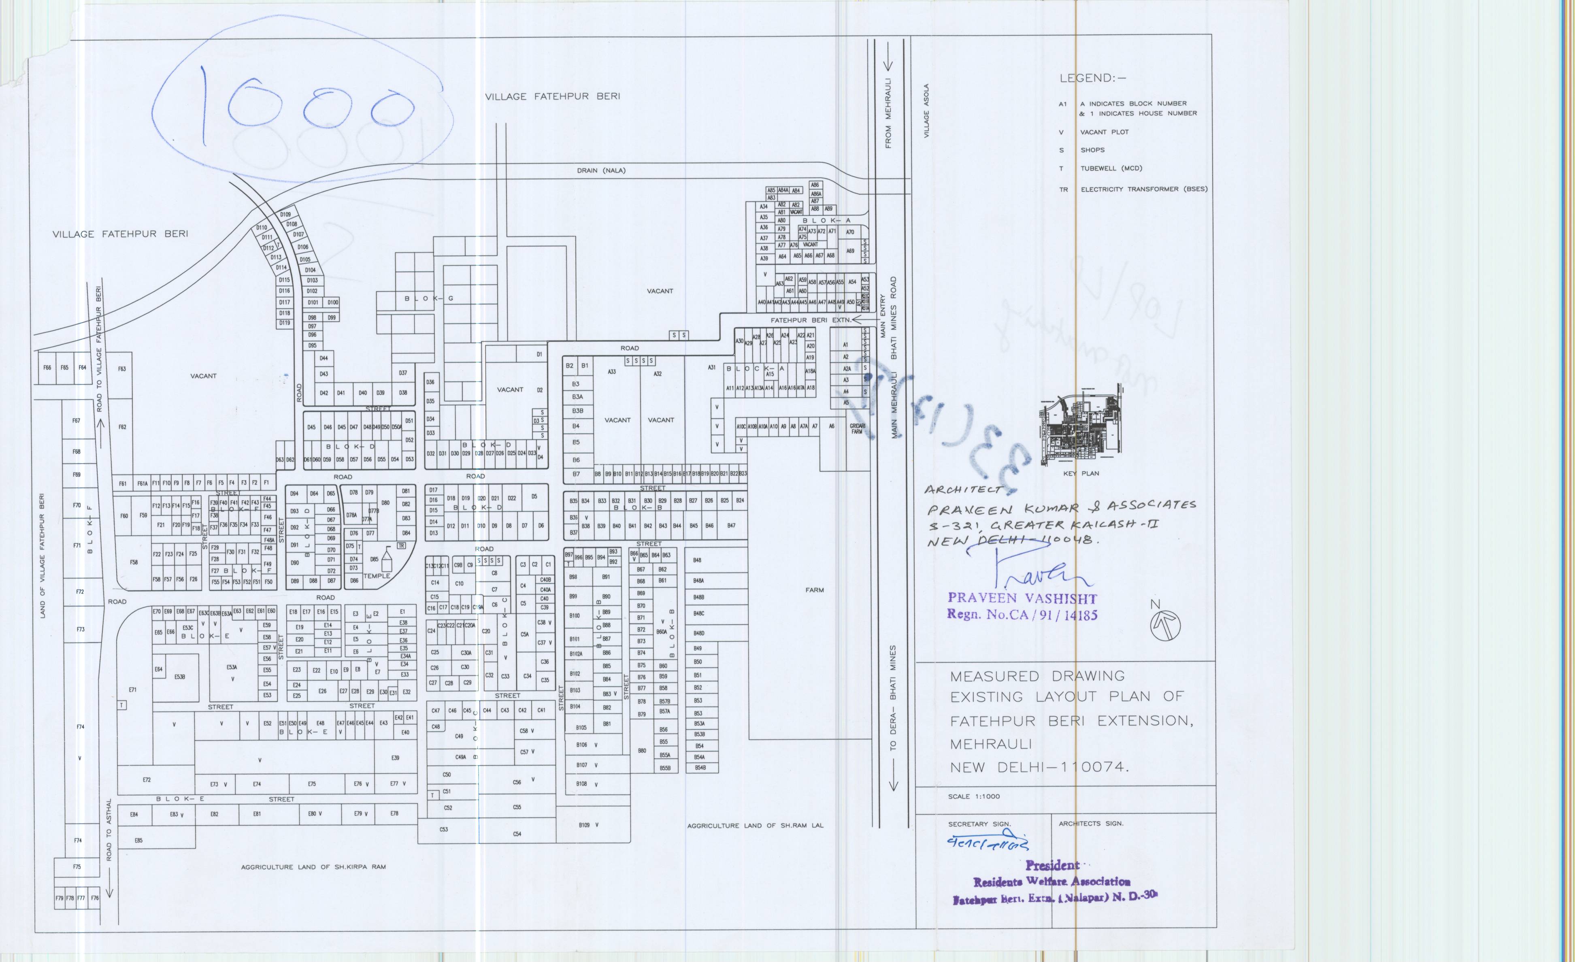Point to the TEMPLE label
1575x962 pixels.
coord(377,576)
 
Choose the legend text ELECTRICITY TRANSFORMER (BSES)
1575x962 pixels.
coord(1143,189)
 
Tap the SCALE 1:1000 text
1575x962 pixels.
coord(974,796)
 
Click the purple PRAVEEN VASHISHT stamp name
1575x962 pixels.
coord(1022,598)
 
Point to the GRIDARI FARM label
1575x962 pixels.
coord(857,428)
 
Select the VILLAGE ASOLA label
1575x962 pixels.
coord(927,111)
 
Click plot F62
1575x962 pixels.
coord(122,427)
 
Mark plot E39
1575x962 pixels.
coord(395,758)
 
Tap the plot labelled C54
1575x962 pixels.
coord(517,834)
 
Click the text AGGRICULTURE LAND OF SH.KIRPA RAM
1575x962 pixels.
coord(313,867)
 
